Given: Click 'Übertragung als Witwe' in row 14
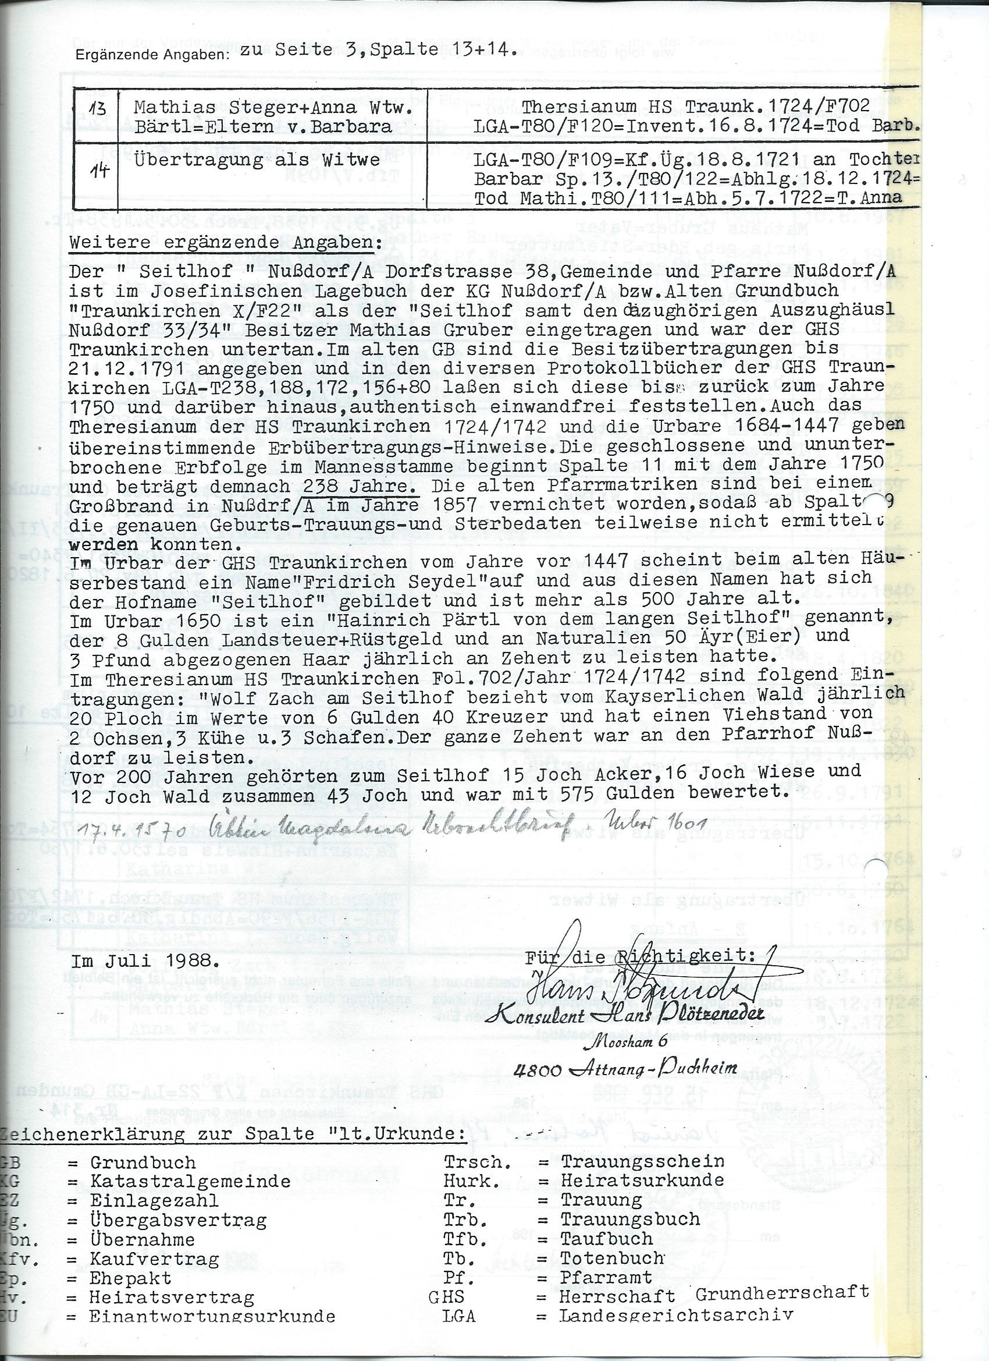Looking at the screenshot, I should [x=257, y=160].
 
